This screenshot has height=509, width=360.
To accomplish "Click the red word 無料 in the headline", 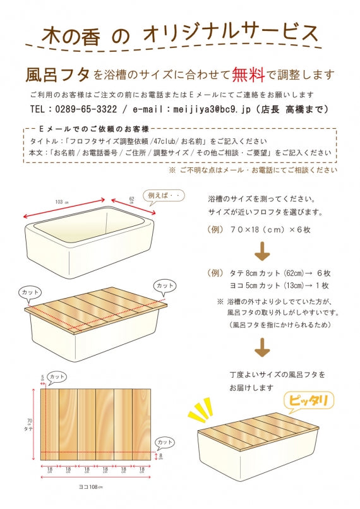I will coord(248,75).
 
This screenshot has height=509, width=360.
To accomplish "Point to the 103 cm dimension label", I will coord(61,202).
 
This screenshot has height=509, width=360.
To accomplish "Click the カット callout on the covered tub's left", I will coord(31,293).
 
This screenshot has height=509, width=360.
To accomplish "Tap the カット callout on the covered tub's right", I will coord(165,286).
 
